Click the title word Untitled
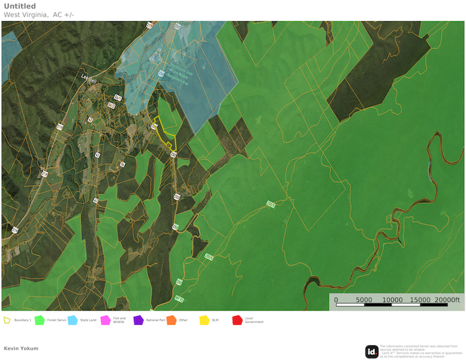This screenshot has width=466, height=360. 20,6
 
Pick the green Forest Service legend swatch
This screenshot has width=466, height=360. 39,320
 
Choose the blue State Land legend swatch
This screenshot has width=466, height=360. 72,320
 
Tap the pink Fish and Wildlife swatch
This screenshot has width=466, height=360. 105,320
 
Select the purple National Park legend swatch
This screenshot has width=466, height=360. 138,320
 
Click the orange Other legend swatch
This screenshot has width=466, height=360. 171,320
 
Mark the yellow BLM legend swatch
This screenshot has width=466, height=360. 204,320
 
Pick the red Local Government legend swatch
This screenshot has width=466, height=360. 236,320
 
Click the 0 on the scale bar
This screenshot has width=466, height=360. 336,299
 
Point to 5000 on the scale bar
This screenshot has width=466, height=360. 364,299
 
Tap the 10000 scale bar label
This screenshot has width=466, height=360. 392,299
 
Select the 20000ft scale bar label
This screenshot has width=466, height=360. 448,299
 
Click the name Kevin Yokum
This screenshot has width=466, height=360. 21,348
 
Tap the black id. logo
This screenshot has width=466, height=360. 371,351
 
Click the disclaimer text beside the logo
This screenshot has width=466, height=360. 420,351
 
